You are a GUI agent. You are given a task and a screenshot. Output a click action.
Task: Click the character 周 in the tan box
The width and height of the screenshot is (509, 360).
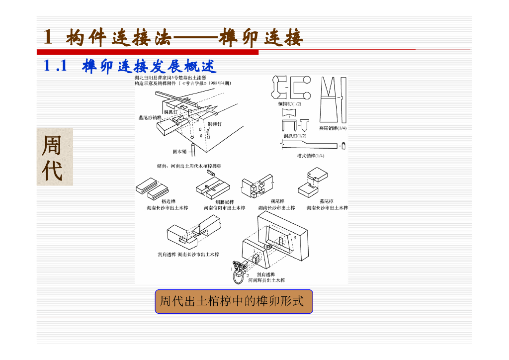pos(52,146)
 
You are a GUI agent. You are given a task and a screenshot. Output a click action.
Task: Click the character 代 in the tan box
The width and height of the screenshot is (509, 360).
pos(52,171)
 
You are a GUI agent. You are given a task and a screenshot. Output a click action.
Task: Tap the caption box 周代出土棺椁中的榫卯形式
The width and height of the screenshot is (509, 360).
pos(234,301)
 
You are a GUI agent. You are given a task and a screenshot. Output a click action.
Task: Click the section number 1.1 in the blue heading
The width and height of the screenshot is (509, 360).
pos(56,66)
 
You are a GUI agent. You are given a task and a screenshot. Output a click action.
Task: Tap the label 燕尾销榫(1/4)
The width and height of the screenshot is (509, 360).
pos(333,128)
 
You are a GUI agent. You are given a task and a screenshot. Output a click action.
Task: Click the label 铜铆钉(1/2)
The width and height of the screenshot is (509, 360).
pos(289,103)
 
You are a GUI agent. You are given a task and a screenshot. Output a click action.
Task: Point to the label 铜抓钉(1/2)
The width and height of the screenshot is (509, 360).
pos(295,135)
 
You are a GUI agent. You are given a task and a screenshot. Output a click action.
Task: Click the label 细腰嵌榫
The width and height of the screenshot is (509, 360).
pos(225,201)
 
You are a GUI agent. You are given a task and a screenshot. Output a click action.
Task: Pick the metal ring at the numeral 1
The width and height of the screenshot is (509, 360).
pos(239,274)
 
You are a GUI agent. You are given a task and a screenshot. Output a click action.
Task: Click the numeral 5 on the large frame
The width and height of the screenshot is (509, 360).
pos(295,238)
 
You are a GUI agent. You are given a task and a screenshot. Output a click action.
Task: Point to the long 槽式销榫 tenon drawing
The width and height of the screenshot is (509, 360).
pos(310,145)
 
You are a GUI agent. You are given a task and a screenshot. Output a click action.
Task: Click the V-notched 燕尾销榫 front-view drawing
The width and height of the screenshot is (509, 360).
pos(329,100)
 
